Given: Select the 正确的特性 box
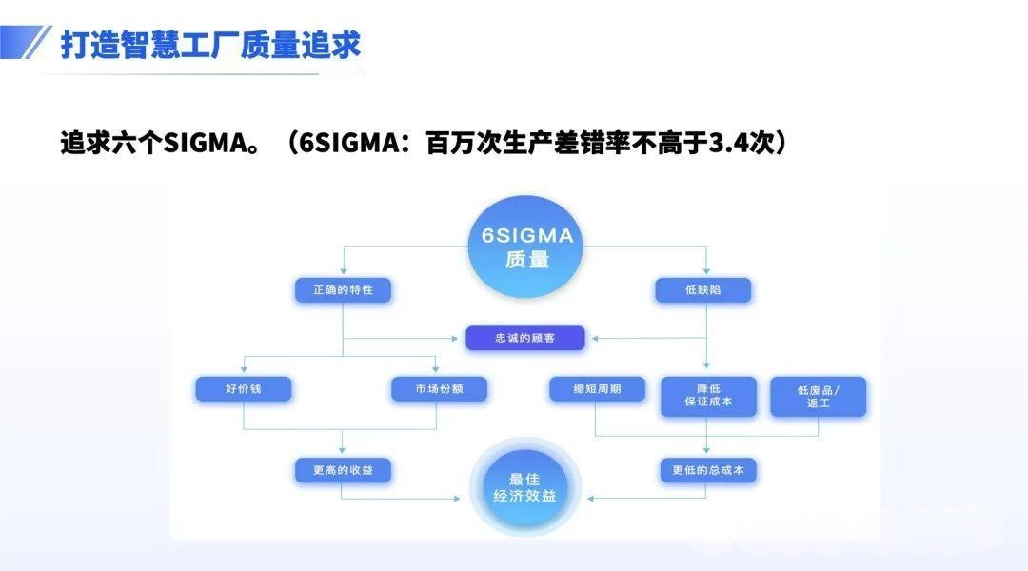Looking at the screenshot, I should click(343, 290).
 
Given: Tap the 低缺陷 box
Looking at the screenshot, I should click(704, 290).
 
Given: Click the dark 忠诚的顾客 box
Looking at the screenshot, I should click(525, 338).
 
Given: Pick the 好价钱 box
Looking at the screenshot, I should click(244, 389).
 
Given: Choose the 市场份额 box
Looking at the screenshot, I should click(439, 389).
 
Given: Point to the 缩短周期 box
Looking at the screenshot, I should click(597, 389).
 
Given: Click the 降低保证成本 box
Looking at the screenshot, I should click(708, 396).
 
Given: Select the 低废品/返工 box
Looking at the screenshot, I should click(819, 396).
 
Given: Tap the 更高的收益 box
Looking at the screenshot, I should click(343, 470).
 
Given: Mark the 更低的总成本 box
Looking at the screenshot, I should click(708, 470).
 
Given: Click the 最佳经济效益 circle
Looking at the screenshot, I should click(524, 487).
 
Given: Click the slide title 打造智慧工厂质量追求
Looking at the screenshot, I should click(210, 45).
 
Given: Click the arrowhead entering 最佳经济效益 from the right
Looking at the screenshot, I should click(592, 498).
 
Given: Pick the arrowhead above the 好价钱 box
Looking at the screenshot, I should click(244, 369).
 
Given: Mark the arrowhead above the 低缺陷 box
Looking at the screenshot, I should click(705, 271).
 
